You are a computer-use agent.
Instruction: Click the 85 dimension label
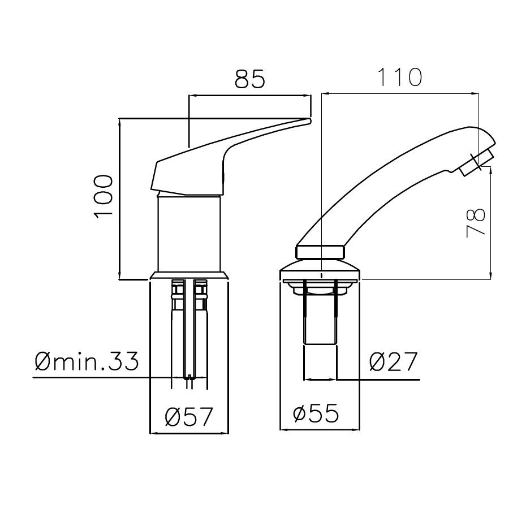[249, 79]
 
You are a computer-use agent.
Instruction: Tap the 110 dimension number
[399, 77]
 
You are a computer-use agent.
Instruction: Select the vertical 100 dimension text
[104, 197]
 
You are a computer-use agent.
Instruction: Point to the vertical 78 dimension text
[476, 222]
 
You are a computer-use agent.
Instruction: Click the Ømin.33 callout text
[87, 361]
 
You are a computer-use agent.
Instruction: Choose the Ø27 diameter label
[394, 361]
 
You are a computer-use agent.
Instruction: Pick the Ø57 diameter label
[189, 416]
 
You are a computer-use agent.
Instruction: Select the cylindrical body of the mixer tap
[189, 234]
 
